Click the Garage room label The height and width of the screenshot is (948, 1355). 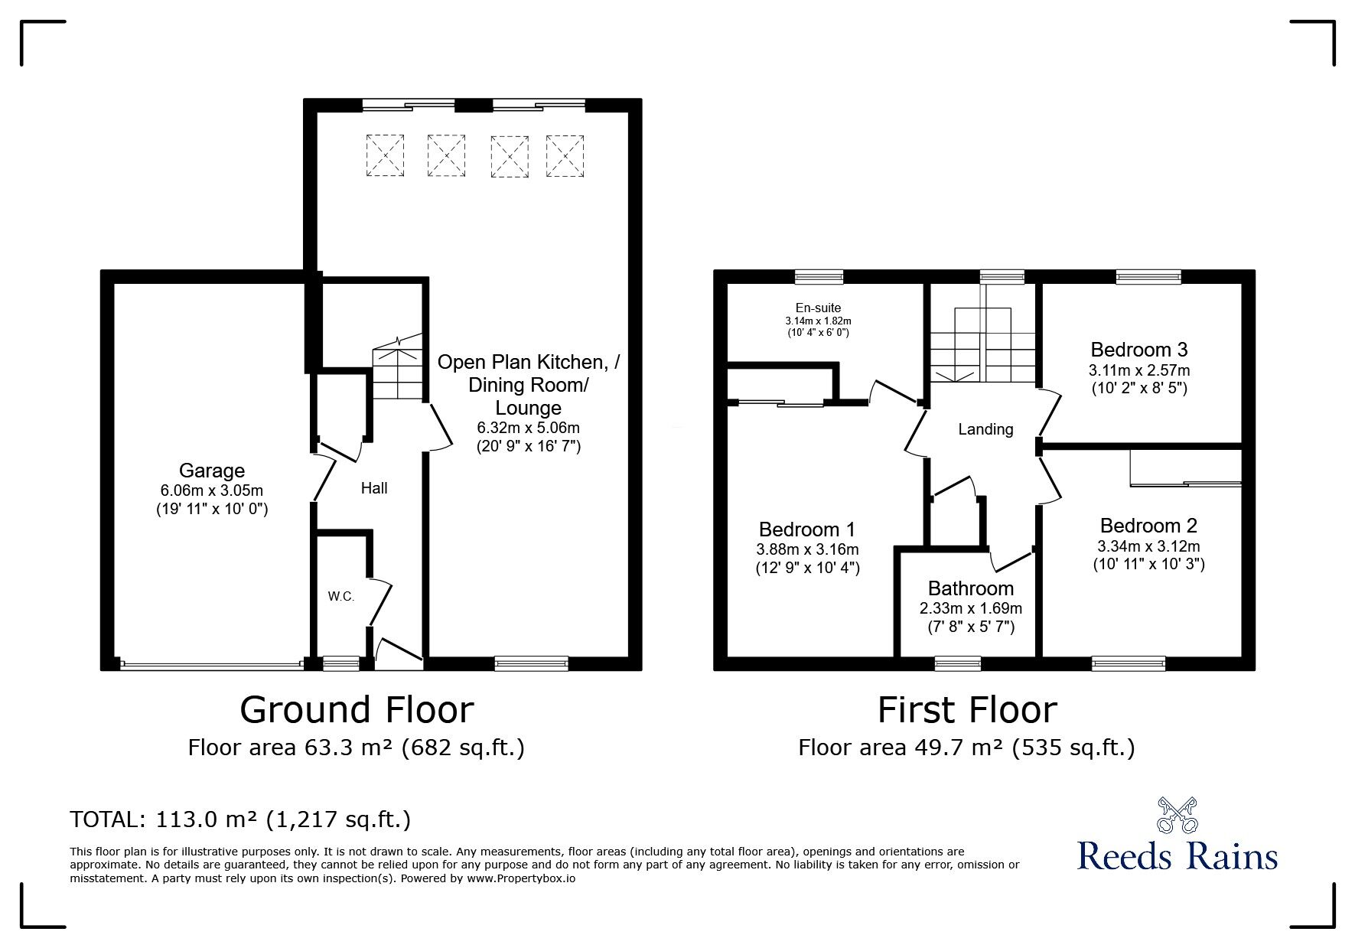click(212, 471)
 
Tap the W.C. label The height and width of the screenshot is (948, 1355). click(341, 597)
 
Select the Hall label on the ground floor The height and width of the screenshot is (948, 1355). click(374, 488)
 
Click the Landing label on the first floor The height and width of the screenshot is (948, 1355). click(985, 430)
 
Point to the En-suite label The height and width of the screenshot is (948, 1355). click(819, 308)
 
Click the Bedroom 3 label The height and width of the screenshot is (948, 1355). click(1139, 350)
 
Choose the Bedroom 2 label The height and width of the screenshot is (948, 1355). click(1148, 526)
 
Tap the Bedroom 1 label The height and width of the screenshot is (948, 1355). click(807, 529)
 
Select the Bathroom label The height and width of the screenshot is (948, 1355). click(971, 588)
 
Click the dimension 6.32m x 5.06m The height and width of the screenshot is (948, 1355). click(529, 428)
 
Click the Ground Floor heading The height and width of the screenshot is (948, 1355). click(357, 709)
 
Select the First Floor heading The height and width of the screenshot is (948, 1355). click(967, 709)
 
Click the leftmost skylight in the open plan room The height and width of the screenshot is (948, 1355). click(385, 156)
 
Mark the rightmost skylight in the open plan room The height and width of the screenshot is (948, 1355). click(565, 157)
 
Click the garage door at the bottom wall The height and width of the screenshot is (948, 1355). click(212, 665)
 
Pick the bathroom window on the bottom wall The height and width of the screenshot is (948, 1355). click(958, 663)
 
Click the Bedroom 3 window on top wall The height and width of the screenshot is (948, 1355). click(1148, 276)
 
